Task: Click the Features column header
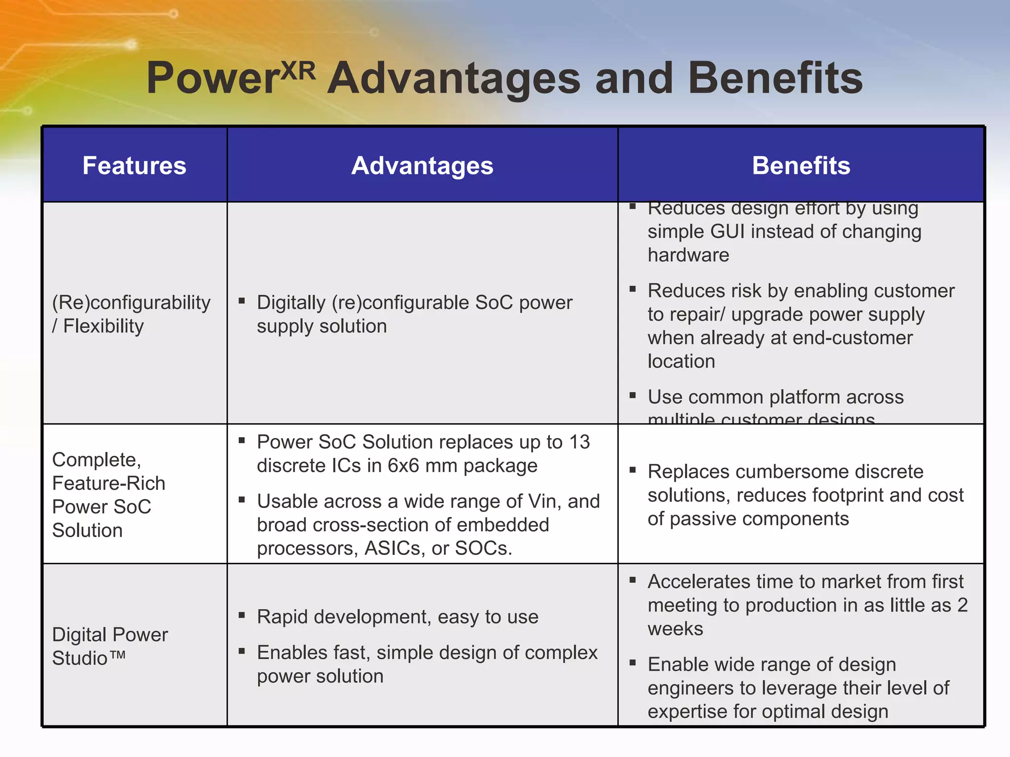pyautogui.click(x=134, y=166)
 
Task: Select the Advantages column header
pyautogui.click(x=422, y=166)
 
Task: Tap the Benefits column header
pyautogui.click(x=801, y=166)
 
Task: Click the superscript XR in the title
pyautogui.click(x=298, y=71)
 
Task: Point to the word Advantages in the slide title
pyautogui.click(x=454, y=79)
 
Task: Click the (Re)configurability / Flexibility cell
pyautogui.click(x=131, y=314)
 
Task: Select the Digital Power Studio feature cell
pyautogui.click(x=109, y=646)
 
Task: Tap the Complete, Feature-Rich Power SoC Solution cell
pyautogui.click(x=108, y=495)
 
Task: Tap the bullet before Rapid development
pyautogui.click(x=242, y=615)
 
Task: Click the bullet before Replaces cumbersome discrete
pyautogui.click(x=633, y=470)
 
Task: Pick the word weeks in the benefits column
pyautogui.click(x=675, y=629)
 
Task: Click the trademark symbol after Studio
pyautogui.click(x=117, y=655)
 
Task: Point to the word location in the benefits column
pyautogui.click(x=681, y=362)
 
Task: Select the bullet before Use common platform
pyautogui.click(x=633, y=395)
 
